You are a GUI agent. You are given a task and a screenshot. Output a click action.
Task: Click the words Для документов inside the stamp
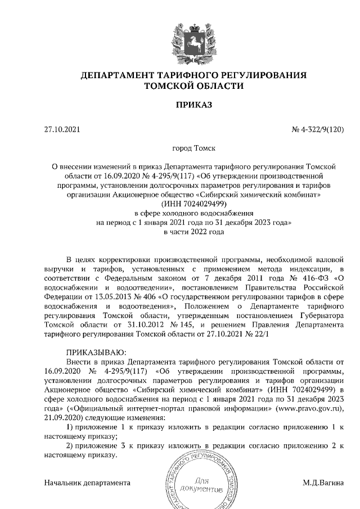click(x=203, y=485)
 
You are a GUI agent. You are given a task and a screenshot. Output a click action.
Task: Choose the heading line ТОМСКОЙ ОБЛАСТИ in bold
click(x=194, y=86)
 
